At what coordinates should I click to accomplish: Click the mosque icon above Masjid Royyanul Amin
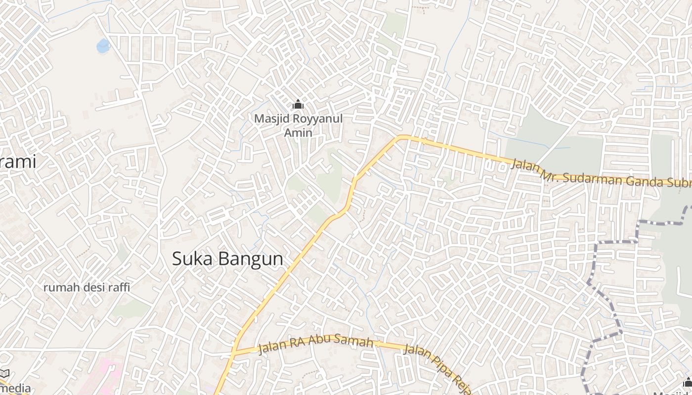tap(298, 105)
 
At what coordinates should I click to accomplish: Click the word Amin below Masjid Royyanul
tap(298, 132)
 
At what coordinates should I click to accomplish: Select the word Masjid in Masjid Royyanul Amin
tap(270, 119)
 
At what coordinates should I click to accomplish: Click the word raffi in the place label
tap(119, 287)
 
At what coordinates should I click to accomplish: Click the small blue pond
tap(103, 46)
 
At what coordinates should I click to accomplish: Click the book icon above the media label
tap(4, 374)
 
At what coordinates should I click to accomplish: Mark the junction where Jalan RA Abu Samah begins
tap(235, 352)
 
